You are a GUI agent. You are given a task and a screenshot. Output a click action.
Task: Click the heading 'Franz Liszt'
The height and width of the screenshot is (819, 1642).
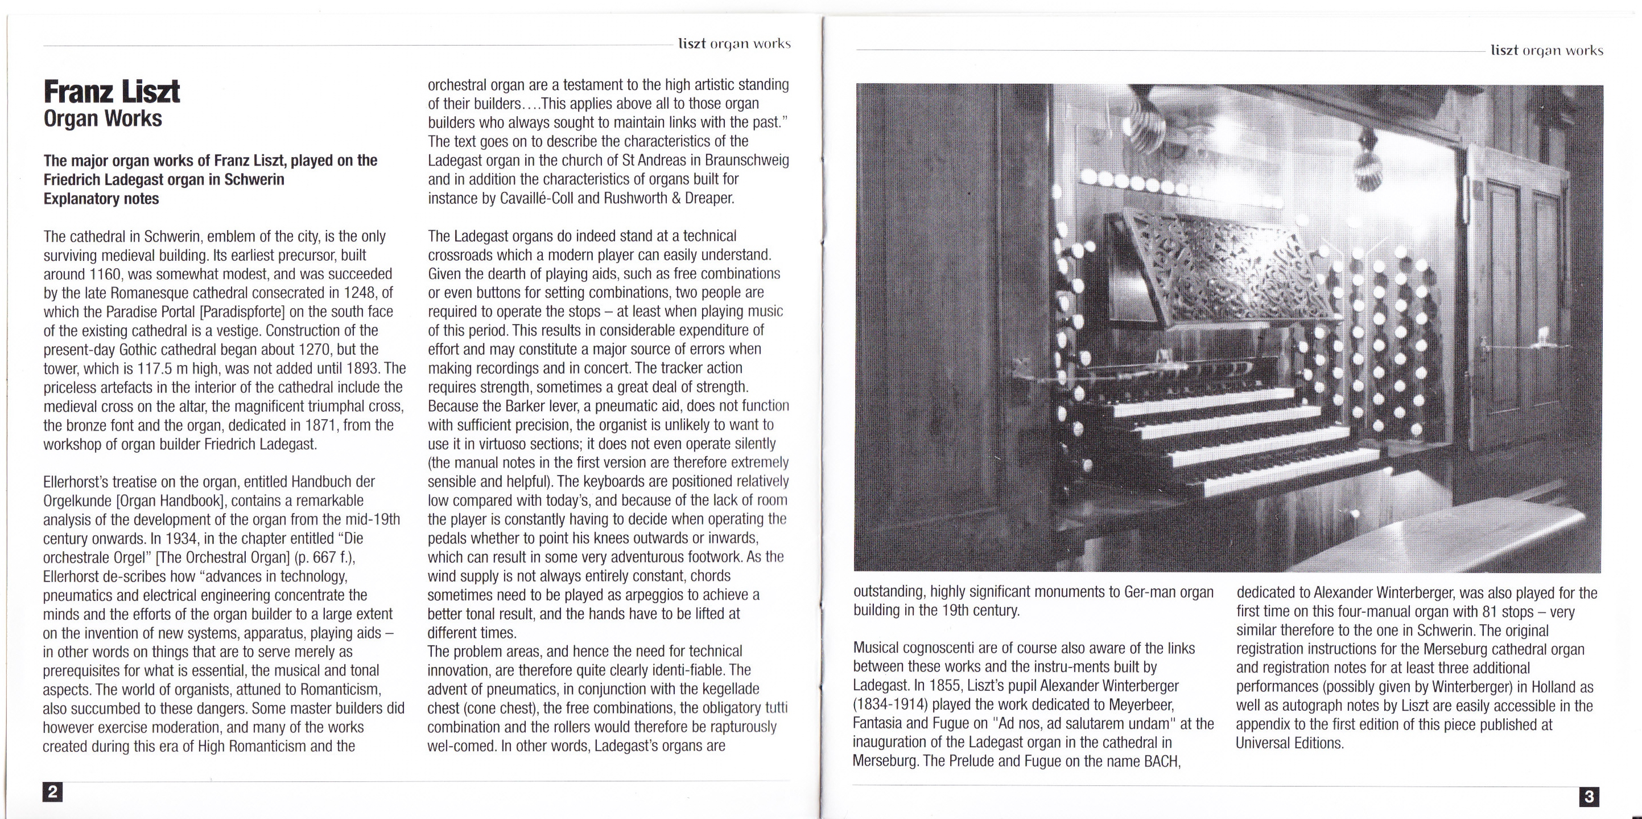(112, 92)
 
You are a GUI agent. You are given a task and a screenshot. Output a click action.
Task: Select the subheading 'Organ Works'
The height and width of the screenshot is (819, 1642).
(102, 119)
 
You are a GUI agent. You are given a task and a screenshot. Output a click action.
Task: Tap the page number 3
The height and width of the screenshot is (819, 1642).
(1589, 796)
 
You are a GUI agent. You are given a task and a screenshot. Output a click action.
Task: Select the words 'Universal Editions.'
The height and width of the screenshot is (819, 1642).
(1289, 743)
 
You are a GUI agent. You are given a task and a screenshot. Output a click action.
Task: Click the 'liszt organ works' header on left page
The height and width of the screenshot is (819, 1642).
(735, 44)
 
